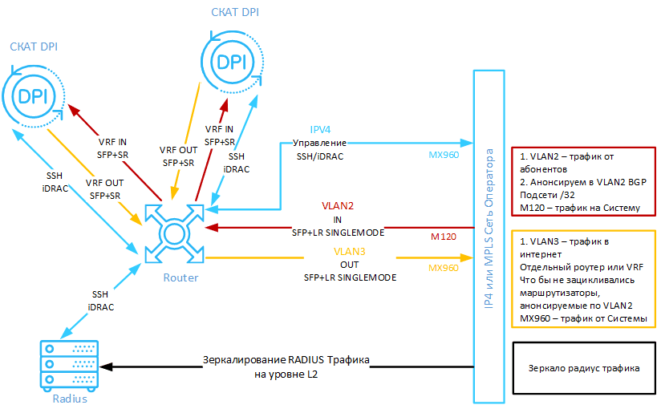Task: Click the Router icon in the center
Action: (x=173, y=233)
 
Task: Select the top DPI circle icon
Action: (x=232, y=63)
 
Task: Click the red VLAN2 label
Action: (x=338, y=204)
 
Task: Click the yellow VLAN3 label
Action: (x=338, y=251)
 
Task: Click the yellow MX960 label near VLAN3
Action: (x=443, y=267)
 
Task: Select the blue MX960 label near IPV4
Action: (x=443, y=155)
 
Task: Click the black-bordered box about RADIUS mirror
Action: (x=582, y=368)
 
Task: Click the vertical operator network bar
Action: (x=487, y=237)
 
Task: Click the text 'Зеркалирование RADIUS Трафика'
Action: (x=286, y=359)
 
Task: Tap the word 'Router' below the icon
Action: (x=180, y=277)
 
